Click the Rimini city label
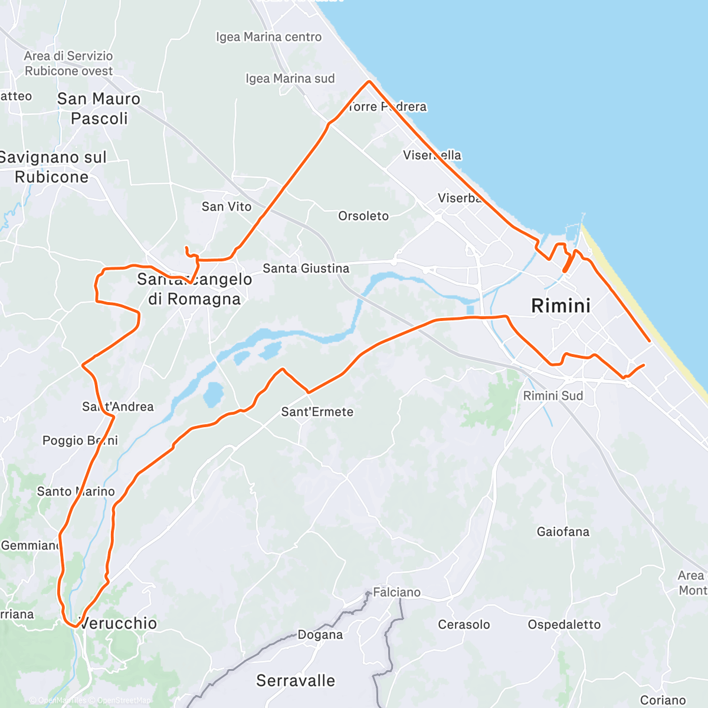pos(560,306)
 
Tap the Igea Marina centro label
pos(269,37)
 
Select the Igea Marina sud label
pos(290,78)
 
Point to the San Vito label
pos(227,206)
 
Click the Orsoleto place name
pos(363,216)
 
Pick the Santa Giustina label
pos(306,268)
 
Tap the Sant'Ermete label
pos(317,412)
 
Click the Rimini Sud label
pos(553,396)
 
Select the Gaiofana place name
pos(563,532)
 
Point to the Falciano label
pos(396,592)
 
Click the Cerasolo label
pos(464,624)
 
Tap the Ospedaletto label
pos(564,624)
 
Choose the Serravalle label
pos(296,681)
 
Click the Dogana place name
pos(320,635)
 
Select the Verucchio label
pos(119,623)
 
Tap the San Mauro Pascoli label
pos(99,109)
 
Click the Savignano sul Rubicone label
pos(52,167)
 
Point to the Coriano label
pos(663,700)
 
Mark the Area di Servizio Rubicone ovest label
pos(68,63)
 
